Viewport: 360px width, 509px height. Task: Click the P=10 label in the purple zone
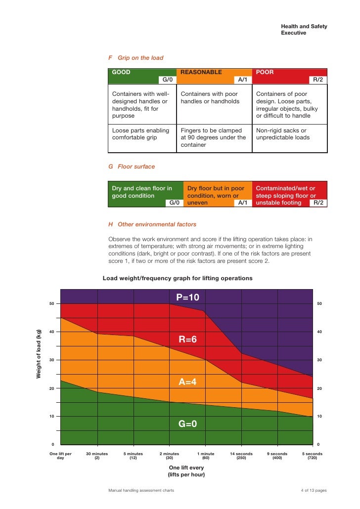[x=187, y=297]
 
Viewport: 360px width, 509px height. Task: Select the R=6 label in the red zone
[x=187, y=339]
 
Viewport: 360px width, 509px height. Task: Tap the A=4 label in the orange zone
[x=187, y=382]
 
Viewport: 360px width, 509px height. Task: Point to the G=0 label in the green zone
[x=187, y=424]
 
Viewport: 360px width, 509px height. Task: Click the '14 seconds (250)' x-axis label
[x=241, y=456]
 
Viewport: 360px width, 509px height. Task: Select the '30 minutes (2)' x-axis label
[x=97, y=456]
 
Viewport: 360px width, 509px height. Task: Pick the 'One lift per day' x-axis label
[x=61, y=456]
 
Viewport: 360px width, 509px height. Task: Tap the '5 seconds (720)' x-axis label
[x=313, y=456]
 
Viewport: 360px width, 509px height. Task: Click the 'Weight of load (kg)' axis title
[x=39, y=353]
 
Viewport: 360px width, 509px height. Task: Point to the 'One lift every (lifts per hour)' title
[x=186, y=471]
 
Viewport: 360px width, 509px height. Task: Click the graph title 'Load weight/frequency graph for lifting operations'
[x=178, y=278]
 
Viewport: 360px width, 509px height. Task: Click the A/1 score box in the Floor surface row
[x=242, y=203]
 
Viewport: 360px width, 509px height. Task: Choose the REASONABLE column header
[x=201, y=72]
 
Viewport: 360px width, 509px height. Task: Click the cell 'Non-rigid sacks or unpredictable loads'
[x=289, y=134]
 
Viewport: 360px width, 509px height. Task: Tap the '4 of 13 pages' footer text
[x=314, y=491]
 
